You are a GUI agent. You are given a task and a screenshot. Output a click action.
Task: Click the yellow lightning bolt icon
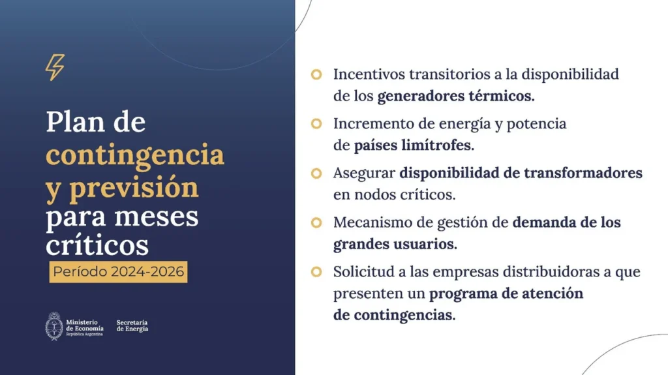[x=55, y=67]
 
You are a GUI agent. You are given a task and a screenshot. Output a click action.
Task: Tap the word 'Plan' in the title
[x=76, y=123]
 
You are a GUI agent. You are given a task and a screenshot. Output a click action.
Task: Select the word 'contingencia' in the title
[x=135, y=155]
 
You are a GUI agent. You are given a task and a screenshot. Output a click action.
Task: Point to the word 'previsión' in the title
[x=134, y=188]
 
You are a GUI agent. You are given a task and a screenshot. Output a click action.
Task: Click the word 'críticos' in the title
[x=97, y=245]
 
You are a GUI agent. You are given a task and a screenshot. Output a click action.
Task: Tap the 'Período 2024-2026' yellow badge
[x=119, y=272]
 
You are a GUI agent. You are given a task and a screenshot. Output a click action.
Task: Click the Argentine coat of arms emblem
[x=54, y=326]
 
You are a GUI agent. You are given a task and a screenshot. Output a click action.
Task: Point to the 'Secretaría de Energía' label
[x=132, y=326]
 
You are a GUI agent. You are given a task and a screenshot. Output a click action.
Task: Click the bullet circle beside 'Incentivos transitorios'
[x=316, y=74]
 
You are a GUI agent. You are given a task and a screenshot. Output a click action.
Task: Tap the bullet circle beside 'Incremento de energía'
[x=316, y=123]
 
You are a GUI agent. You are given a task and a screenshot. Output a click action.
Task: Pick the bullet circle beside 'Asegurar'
[x=316, y=173]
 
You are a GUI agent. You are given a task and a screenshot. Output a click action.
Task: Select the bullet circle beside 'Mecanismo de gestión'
[x=316, y=222]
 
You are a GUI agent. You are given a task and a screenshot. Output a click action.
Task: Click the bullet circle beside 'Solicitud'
[x=316, y=272]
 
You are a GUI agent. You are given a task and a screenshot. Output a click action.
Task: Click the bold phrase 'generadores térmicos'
[x=456, y=97]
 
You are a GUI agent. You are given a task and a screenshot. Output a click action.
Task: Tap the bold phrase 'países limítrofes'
[x=414, y=145]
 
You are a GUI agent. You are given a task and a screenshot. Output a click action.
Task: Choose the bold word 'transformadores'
[x=583, y=173]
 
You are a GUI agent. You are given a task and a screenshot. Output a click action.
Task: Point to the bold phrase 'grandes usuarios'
[x=395, y=245]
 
